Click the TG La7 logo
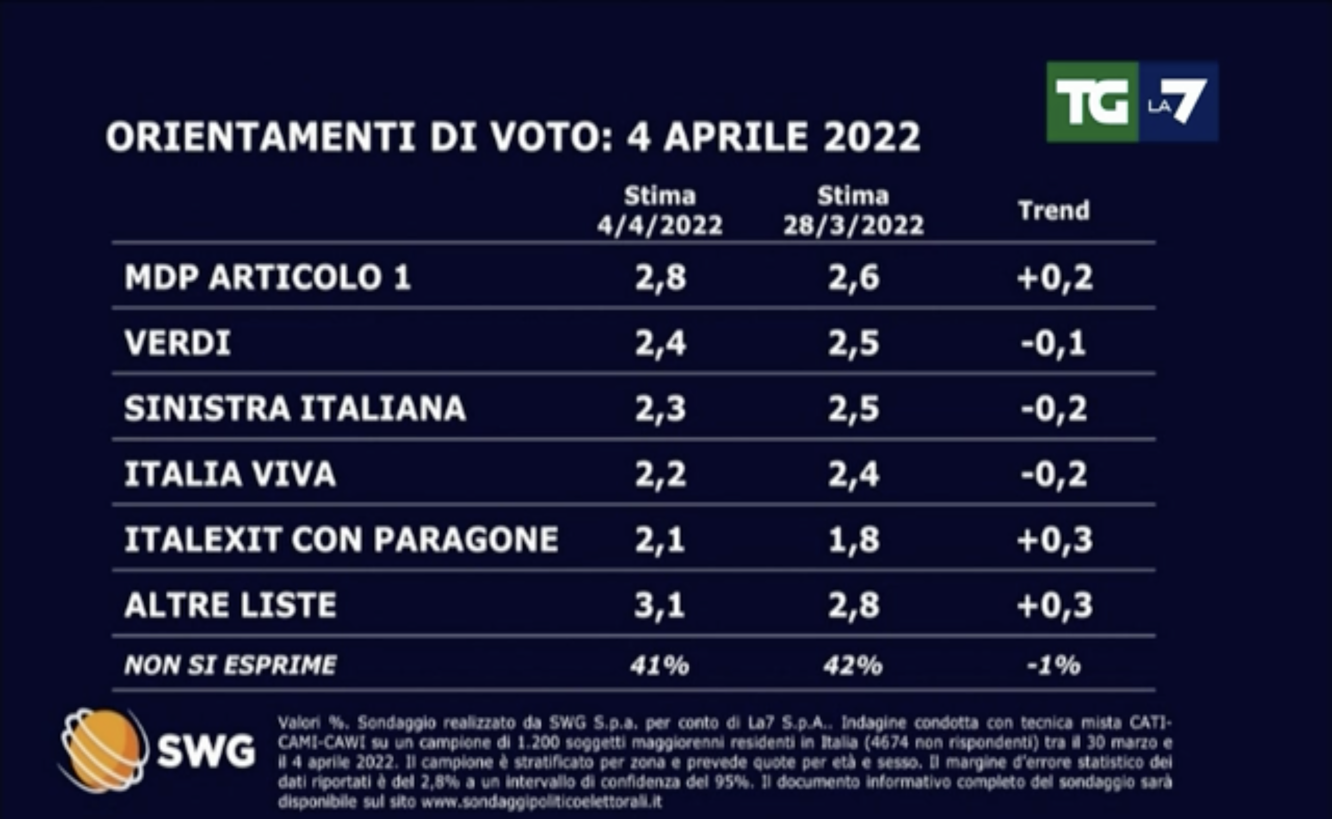(1132, 102)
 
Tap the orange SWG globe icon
(103, 750)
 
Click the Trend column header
(1053, 211)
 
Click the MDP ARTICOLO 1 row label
(268, 277)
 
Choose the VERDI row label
(178, 343)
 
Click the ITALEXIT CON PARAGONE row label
(341, 540)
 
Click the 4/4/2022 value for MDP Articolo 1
(660, 277)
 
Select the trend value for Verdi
(1053, 343)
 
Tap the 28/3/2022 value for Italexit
(853, 540)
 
